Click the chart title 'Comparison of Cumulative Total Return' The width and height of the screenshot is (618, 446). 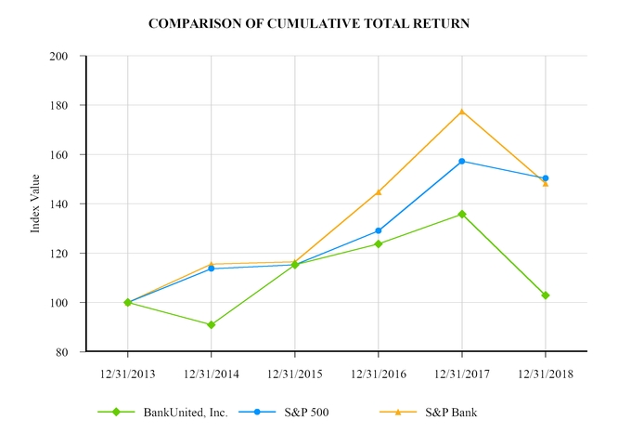click(x=309, y=21)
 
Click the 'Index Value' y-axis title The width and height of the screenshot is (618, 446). click(x=35, y=203)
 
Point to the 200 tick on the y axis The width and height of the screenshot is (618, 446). click(x=62, y=57)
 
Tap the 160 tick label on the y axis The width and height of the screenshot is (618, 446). click(x=62, y=155)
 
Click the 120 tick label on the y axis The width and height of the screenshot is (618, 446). click(x=62, y=254)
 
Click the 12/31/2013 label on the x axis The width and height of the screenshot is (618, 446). click(x=127, y=374)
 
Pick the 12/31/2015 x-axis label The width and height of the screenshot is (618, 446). click(x=294, y=374)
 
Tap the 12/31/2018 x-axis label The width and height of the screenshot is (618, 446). click(x=545, y=374)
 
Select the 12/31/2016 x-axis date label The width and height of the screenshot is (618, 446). click(x=378, y=374)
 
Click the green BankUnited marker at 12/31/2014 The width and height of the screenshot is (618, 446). click(x=212, y=325)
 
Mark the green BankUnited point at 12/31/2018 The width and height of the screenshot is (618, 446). click(x=546, y=295)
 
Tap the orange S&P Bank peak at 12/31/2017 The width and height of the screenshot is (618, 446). click(x=462, y=111)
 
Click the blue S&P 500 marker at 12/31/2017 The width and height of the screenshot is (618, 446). click(x=462, y=161)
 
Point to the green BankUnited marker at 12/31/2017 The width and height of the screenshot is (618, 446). click(x=462, y=215)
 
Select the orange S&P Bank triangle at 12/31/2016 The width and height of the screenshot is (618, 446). click(x=379, y=191)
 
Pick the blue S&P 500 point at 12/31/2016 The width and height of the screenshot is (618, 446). click(x=379, y=230)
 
